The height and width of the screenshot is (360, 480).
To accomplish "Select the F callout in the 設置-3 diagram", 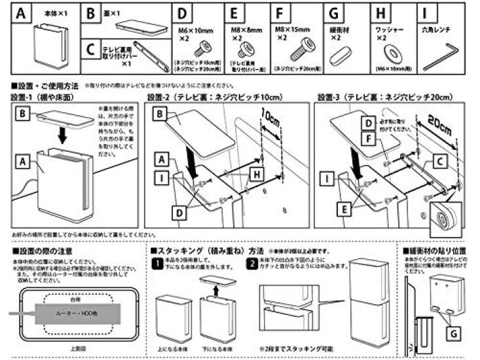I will [371, 139].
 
